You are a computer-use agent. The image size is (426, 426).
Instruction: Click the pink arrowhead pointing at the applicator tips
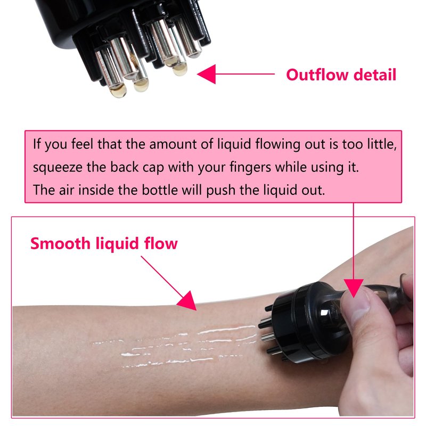207,74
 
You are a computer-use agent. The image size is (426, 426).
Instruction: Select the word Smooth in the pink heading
60,243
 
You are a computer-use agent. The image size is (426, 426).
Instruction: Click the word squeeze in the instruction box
58,168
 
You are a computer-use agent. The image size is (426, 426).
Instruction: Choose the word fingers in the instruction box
250,167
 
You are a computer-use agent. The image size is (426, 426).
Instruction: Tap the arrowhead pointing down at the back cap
354,288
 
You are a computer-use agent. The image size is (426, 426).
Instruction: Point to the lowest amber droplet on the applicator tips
118,91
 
